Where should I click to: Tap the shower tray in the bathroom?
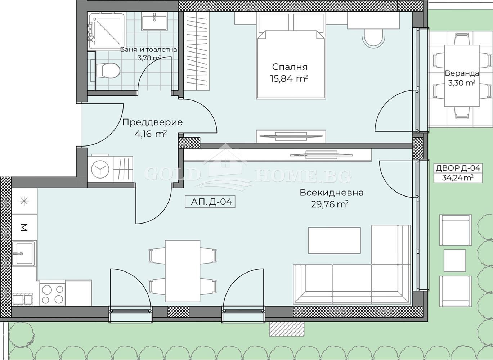[107, 30]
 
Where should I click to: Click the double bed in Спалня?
[291, 56]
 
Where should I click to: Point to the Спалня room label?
[290, 67]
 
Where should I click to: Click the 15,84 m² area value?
[289, 78]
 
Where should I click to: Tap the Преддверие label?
[152, 122]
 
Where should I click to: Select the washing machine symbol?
[100, 169]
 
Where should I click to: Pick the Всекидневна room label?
[332, 193]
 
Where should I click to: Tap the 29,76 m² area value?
[330, 204]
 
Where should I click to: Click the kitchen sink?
[23, 253]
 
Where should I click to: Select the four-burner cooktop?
[52, 294]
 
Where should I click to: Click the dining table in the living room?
[183, 271]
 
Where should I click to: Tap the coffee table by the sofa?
[334, 240]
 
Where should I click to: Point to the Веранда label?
[462, 73]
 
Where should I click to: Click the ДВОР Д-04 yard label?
[458, 168]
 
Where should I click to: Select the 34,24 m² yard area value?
[458, 177]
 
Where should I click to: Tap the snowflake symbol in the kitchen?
[24, 201]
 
